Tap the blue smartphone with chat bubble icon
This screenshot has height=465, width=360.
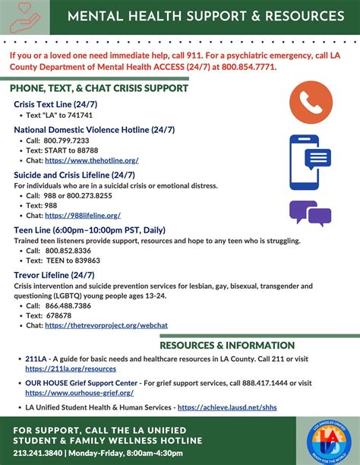point(308,161)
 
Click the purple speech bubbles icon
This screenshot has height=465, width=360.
point(310,213)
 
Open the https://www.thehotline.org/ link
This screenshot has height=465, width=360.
point(91,160)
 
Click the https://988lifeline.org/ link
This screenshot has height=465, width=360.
point(82,215)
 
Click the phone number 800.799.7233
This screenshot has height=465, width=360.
point(67,141)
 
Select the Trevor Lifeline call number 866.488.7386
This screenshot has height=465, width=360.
point(68,305)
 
